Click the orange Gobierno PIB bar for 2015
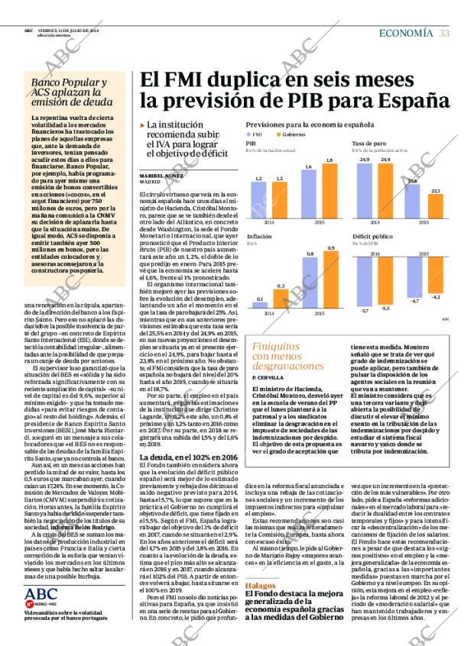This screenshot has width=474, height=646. (330, 190)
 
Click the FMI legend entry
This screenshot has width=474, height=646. (255, 134)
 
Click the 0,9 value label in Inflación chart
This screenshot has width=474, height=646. (330, 248)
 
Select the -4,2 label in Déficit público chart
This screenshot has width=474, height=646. (436, 296)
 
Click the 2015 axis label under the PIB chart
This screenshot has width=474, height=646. (320, 222)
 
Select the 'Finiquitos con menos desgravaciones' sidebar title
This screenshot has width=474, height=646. (283, 356)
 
